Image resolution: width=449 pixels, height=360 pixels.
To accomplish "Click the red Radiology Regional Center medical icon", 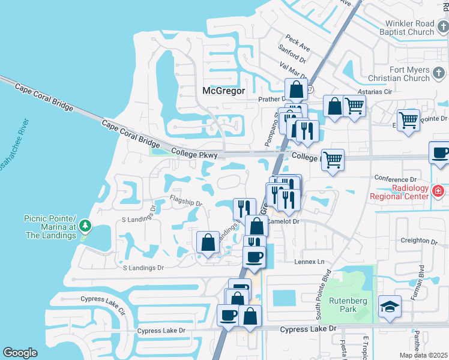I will point(439,191).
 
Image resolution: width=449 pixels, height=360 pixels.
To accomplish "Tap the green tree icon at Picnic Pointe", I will point(86,225).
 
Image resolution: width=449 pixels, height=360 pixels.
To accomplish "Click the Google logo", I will point(20,353).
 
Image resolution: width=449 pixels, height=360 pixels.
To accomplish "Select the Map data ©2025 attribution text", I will point(424,355).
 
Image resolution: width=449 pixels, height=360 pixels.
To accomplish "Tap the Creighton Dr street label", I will point(420,241).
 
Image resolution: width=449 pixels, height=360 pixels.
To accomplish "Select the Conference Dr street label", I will point(395,179).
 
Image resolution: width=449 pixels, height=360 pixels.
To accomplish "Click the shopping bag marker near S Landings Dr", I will point(208,242).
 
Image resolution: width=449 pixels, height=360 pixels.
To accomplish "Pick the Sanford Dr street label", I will point(292,55).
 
